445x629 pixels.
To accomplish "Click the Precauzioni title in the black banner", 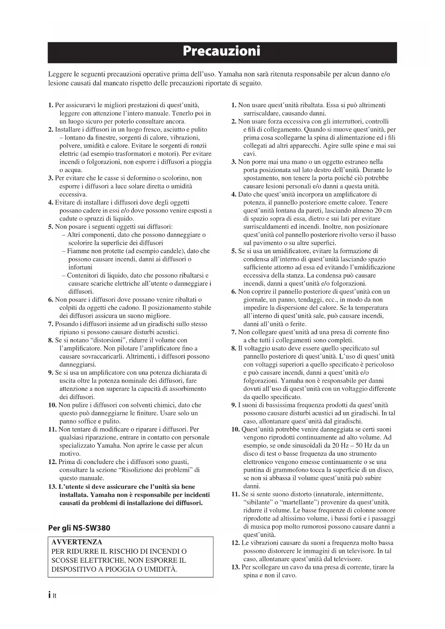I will click(x=222, y=51).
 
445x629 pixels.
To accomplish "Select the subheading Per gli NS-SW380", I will click(x=79, y=528).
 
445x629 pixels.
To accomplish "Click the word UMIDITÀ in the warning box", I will click(x=160, y=569).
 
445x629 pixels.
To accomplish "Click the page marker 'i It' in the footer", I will click(x=52, y=596).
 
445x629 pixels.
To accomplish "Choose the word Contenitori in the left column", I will click(x=82, y=275).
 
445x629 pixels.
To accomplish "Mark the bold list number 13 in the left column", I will click(x=52, y=487).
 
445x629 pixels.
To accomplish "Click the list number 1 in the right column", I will click(x=234, y=105).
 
